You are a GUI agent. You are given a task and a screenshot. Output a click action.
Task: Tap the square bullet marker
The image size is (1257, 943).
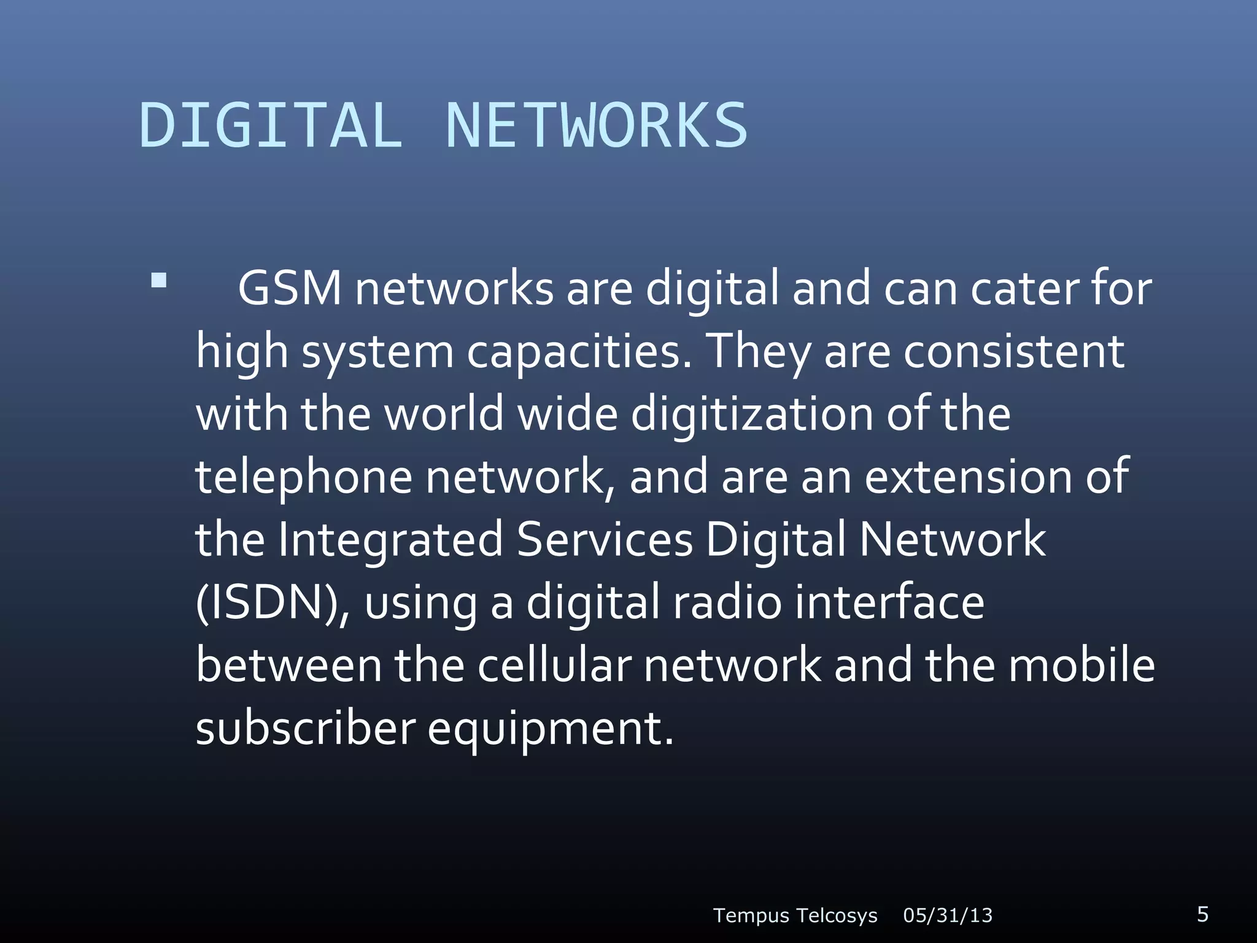(159, 281)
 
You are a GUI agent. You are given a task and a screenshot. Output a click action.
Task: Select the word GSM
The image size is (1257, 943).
(289, 288)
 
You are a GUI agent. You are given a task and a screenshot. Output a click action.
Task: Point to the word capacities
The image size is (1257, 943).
(579, 352)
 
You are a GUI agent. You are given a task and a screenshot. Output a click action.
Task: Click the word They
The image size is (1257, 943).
(759, 352)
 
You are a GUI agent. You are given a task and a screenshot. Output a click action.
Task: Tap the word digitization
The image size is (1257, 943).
(752, 415)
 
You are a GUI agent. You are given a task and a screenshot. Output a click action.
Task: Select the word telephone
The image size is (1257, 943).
(303, 478)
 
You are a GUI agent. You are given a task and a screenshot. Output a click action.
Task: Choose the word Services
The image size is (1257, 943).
(605, 539)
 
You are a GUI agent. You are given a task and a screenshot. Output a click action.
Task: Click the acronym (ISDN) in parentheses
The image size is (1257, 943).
(272, 603)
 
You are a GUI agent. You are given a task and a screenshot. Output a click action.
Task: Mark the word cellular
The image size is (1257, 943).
(554, 666)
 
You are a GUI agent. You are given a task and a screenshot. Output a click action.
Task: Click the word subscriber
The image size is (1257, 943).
(306, 729)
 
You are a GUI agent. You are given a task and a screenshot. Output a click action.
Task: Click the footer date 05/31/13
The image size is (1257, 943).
(948, 915)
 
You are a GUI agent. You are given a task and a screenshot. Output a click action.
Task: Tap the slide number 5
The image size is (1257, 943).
(1202, 914)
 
